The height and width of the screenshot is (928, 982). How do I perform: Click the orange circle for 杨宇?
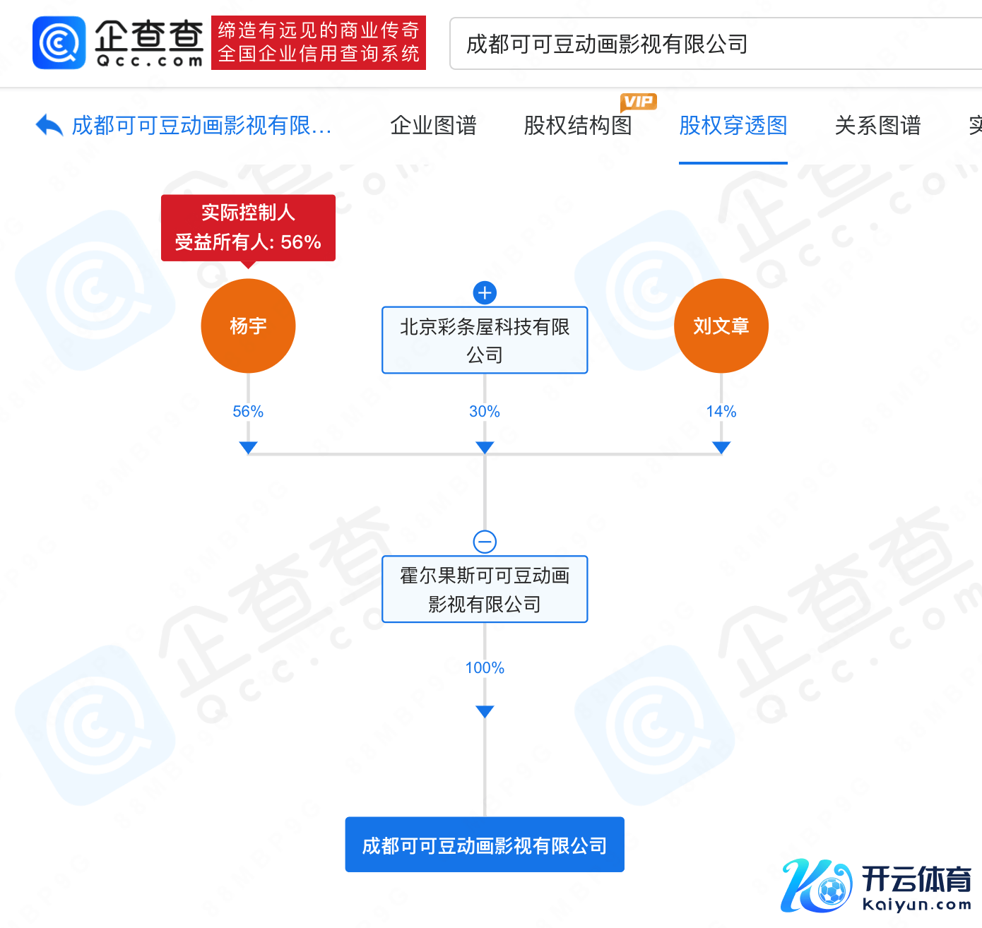pyautogui.click(x=248, y=326)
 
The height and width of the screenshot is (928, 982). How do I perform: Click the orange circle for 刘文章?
pyautogui.click(x=721, y=326)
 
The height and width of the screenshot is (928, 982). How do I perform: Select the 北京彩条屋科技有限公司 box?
pyautogui.click(x=485, y=340)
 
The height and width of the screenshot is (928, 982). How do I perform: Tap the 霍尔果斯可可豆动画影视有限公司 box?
pyautogui.click(x=485, y=589)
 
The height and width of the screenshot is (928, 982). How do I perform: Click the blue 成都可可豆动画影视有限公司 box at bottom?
pyautogui.click(x=485, y=845)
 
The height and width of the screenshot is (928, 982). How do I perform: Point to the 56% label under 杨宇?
pyautogui.click(x=248, y=411)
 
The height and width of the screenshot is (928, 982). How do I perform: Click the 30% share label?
pyautogui.click(x=485, y=411)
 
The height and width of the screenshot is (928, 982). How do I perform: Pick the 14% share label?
pyautogui.click(x=721, y=411)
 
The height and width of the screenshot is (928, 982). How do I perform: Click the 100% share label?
pyautogui.click(x=485, y=667)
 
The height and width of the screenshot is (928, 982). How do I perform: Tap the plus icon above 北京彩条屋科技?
pyautogui.click(x=485, y=292)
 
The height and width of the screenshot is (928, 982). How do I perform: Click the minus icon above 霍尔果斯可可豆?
pyautogui.click(x=485, y=542)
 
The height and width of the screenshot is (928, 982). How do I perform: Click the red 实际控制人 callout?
pyautogui.click(x=248, y=227)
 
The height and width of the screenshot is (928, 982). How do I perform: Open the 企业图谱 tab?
pyautogui.click(x=433, y=126)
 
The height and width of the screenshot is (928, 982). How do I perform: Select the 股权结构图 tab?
pyautogui.click(x=578, y=126)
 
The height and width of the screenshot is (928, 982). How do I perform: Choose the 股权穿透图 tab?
pyautogui.click(x=733, y=126)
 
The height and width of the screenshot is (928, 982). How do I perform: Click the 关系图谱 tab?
pyautogui.click(x=877, y=126)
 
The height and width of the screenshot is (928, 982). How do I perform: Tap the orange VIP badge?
pyautogui.click(x=639, y=102)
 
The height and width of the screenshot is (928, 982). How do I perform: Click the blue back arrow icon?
pyautogui.click(x=49, y=126)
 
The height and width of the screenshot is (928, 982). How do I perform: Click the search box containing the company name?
pyautogui.click(x=714, y=44)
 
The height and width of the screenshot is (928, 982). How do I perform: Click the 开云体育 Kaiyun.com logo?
pyautogui.click(x=877, y=886)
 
